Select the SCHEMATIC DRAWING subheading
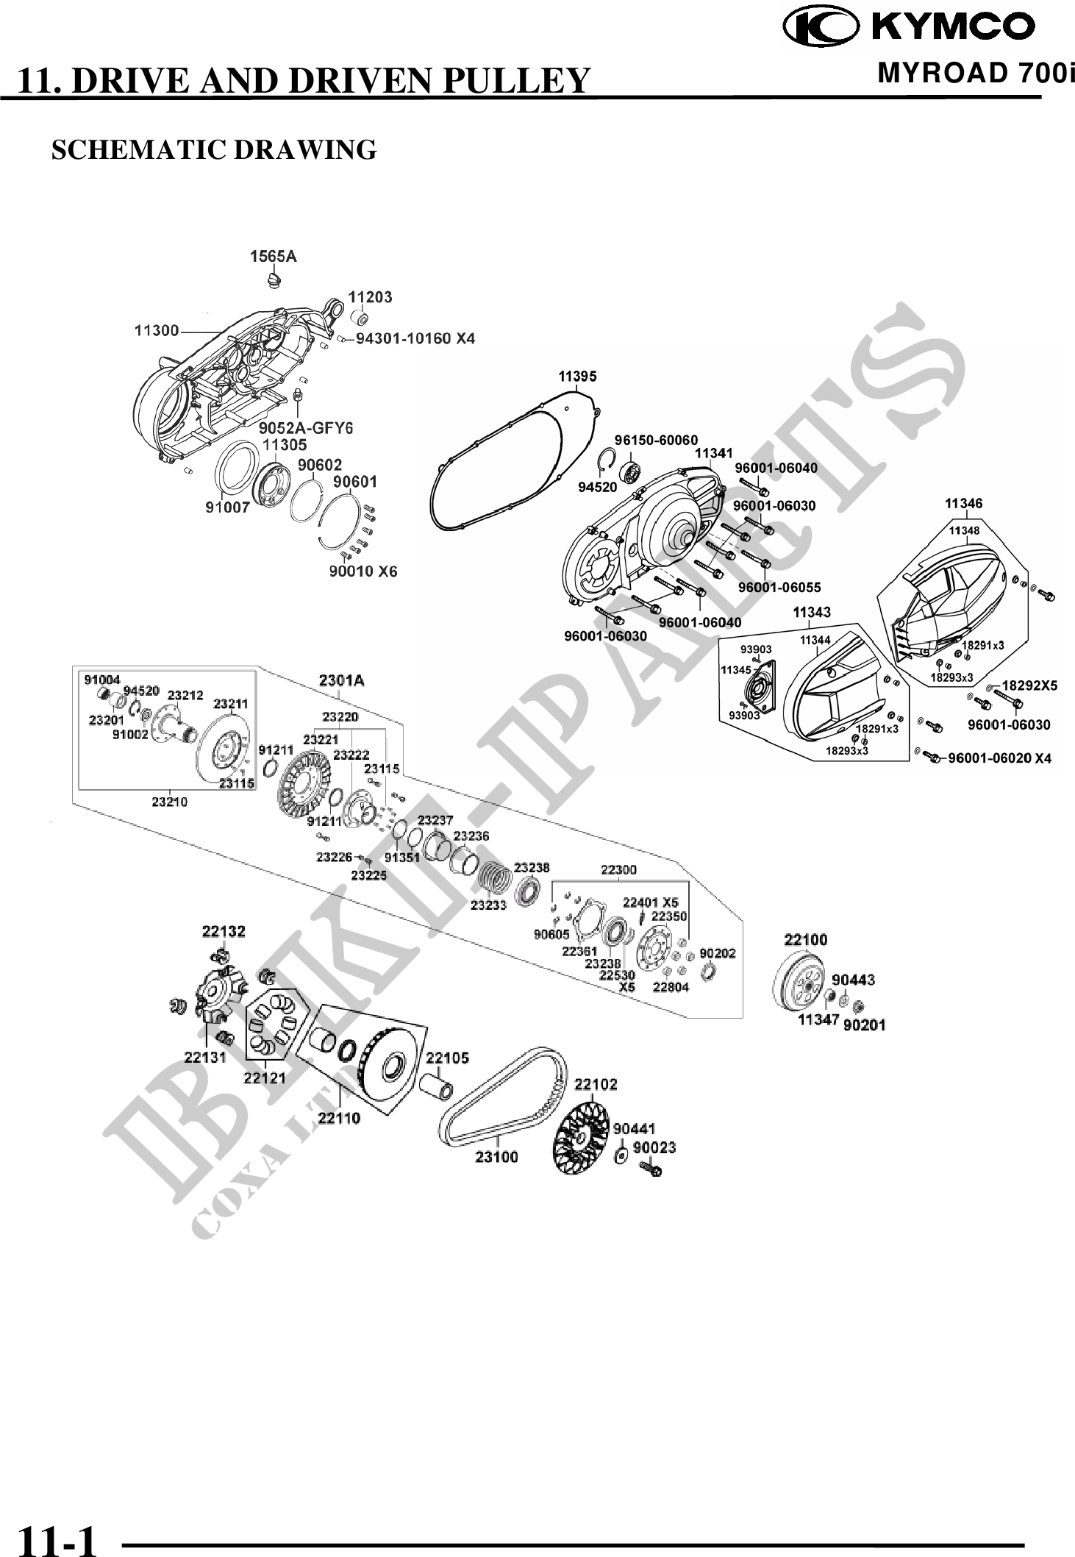tap(213, 149)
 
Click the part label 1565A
tap(273, 256)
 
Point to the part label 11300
tap(156, 331)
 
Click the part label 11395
tap(577, 377)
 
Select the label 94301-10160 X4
tap(415, 338)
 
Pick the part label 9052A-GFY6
tap(306, 427)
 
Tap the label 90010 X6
tap(362, 571)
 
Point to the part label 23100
tap(496, 1157)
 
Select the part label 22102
tap(596, 1084)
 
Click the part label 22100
tap(805, 939)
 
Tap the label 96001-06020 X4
tap(999, 758)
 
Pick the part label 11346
tap(963, 503)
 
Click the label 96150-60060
tap(656, 440)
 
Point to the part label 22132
tap(224, 932)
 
